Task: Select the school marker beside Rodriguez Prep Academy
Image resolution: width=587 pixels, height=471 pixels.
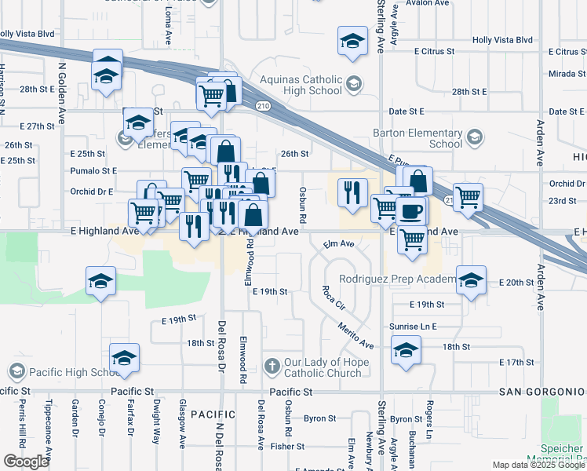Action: tap(470, 282)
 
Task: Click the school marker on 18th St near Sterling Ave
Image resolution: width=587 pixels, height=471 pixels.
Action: tap(405, 350)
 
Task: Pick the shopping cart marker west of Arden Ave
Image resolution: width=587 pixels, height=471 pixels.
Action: tap(468, 197)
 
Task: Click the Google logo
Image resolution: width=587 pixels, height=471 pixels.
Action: tap(26, 462)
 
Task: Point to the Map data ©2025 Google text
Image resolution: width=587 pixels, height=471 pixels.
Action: tap(538, 465)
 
